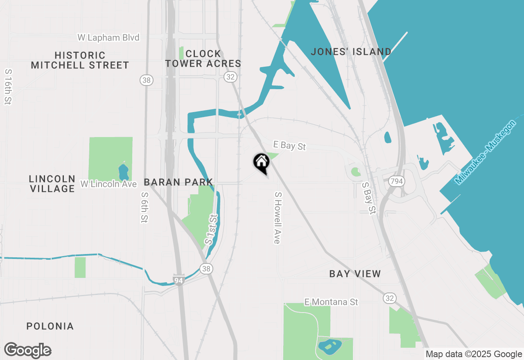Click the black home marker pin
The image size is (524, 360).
click(x=261, y=162)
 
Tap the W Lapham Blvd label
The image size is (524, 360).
click(x=108, y=38)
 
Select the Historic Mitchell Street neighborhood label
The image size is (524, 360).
click(x=80, y=60)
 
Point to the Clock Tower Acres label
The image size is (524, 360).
click(x=203, y=59)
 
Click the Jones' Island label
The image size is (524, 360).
click(x=351, y=52)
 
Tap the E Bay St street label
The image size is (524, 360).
click(x=289, y=145)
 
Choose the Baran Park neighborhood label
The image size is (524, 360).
click(x=178, y=182)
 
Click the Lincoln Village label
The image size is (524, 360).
click(x=52, y=184)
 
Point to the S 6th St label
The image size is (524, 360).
click(x=144, y=207)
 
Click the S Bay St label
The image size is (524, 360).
click(x=369, y=198)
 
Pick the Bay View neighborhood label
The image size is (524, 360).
click(x=355, y=274)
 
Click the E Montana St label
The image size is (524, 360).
click(x=331, y=302)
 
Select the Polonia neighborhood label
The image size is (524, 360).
click(x=50, y=326)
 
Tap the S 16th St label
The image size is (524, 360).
click(x=8, y=86)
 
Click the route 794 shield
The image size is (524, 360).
click(x=395, y=181)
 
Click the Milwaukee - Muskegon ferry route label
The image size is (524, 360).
click(x=486, y=152)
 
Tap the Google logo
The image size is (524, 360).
click(x=28, y=350)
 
